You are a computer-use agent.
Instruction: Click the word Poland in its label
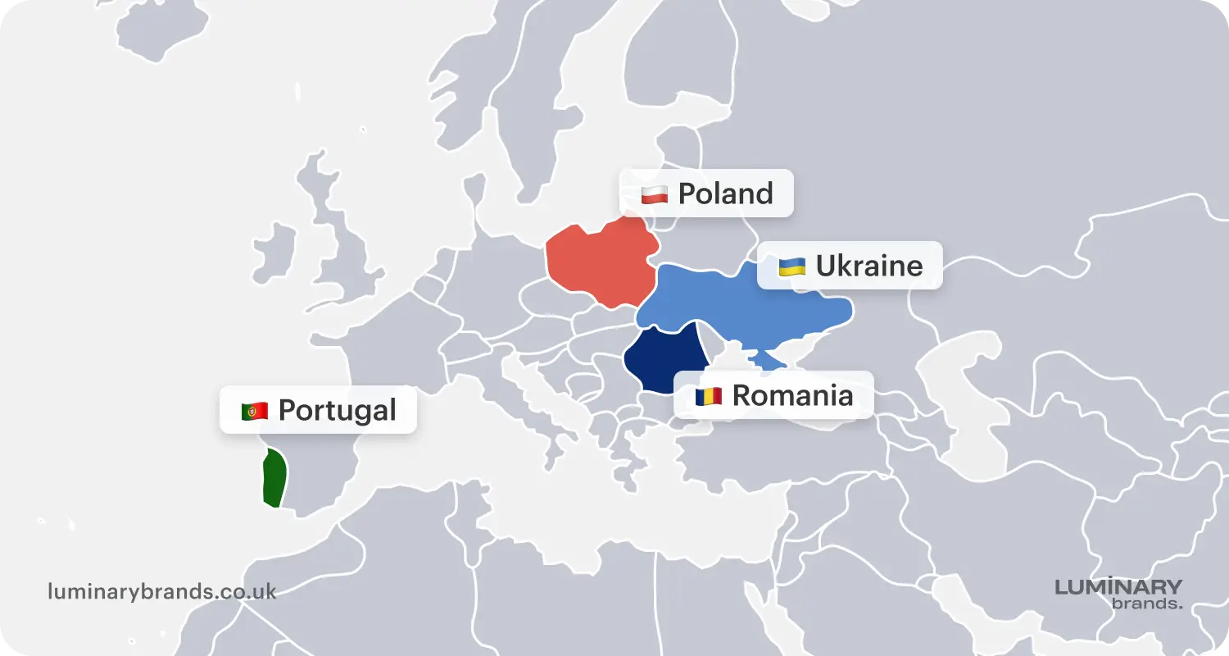point(725,194)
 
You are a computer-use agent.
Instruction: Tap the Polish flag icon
point(654,194)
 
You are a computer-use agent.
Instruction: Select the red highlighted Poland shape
point(602,262)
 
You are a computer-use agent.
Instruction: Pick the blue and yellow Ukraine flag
point(791,266)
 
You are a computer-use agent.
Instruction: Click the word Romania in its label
point(792,395)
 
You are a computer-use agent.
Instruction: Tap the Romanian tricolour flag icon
point(709,396)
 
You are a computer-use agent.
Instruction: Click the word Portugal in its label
point(337,410)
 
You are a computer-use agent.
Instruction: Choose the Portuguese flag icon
point(255,411)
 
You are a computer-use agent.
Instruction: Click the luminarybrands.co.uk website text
point(162,591)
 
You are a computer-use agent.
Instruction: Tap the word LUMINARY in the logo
point(1118,587)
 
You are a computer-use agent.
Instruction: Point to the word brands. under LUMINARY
point(1147,604)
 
